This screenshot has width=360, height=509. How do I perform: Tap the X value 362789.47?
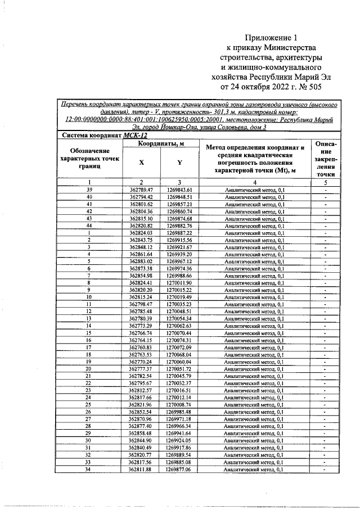[x=141, y=191]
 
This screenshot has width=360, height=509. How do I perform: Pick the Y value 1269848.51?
[x=179, y=197]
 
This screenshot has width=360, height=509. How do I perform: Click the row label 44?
[x=89, y=226]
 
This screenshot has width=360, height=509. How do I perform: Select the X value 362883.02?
[x=141, y=261]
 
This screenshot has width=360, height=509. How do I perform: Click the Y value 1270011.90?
[x=179, y=282]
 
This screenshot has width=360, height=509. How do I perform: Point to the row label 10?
[x=89, y=296]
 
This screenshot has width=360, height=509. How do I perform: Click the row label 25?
[x=89, y=404]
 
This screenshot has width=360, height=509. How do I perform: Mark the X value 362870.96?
[x=141, y=418]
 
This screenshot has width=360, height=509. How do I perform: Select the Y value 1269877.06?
[x=179, y=469]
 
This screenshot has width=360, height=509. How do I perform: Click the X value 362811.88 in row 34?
[x=141, y=469]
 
